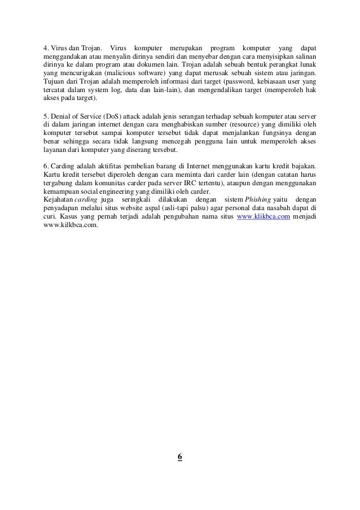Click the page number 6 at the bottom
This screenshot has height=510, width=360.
tap(180, 457)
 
